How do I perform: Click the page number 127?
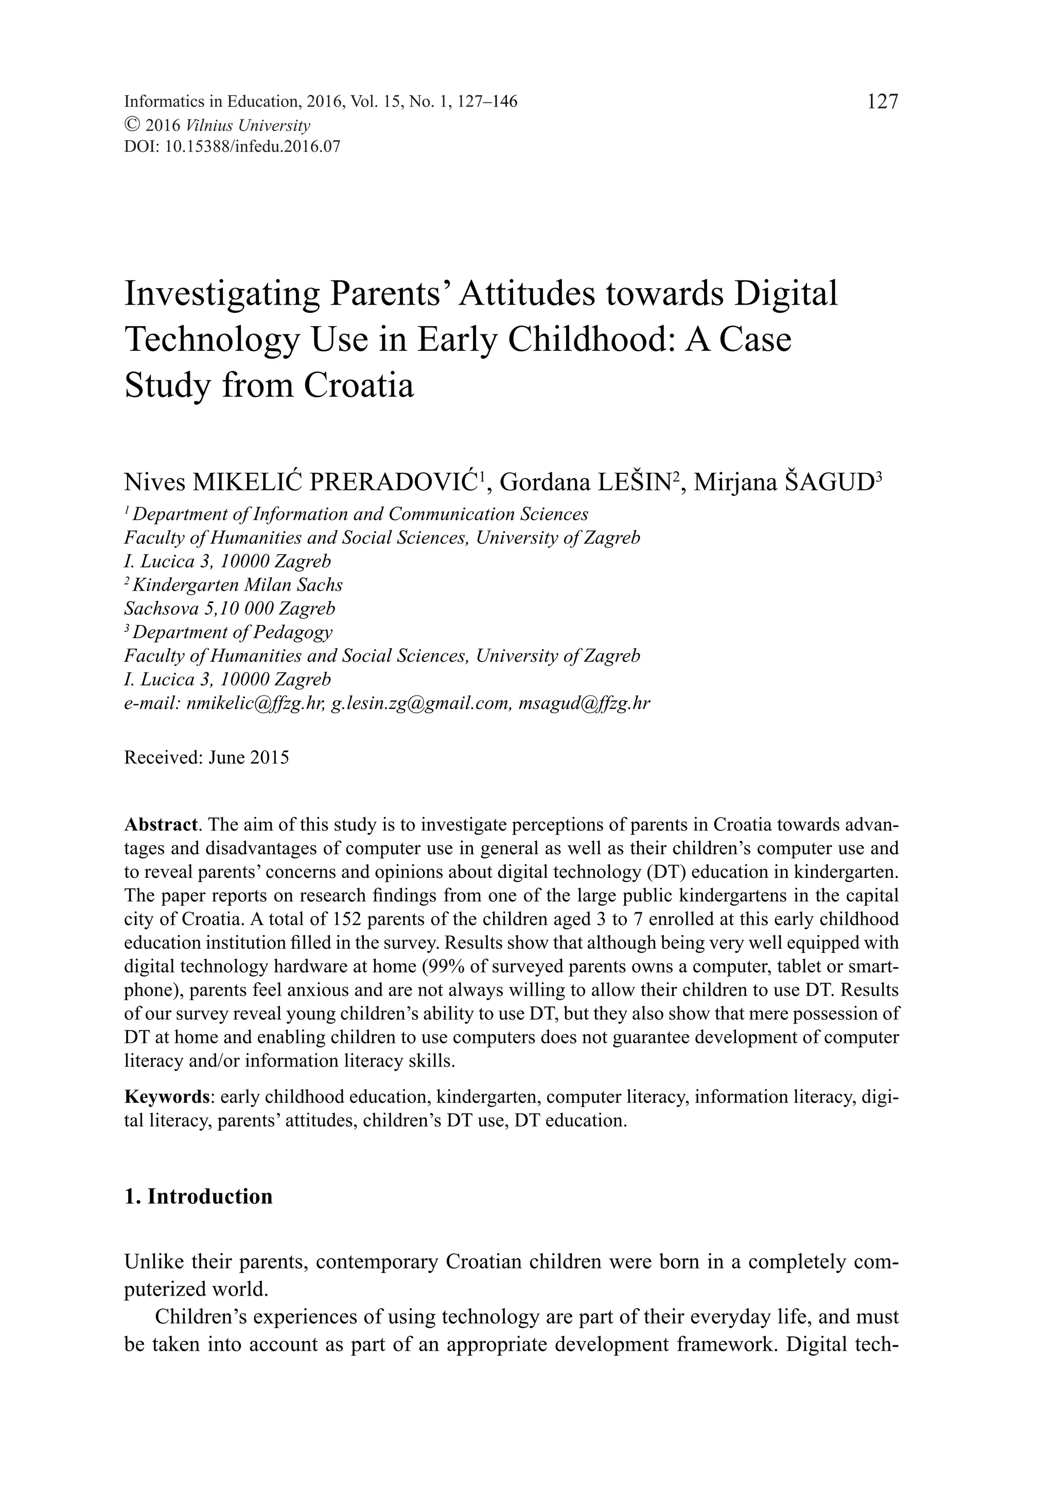coord(882,102)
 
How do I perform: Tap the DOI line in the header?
coord(232,147)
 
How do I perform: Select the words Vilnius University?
coord(248,125)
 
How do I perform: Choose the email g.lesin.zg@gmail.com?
coord(420,703)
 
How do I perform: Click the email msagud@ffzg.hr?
coord(584,703)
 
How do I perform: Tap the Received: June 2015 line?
coord(206,757)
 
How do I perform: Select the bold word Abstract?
coord(160,825)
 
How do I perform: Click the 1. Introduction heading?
coord(198,1196)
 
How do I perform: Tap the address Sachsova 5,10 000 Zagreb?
coord(230,609)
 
